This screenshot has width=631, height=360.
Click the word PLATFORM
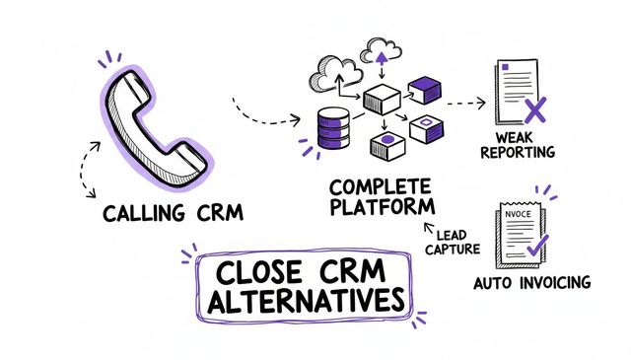383,208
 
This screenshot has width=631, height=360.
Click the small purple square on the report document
505,68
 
